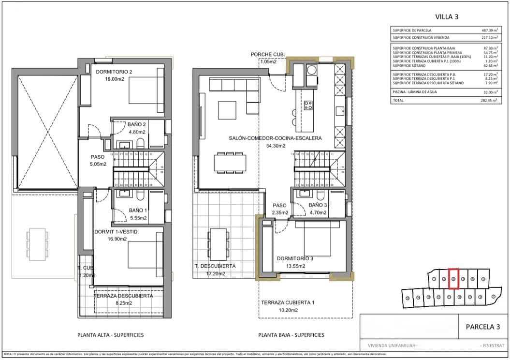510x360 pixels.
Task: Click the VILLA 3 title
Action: pyautogui.click(x=446, y=16)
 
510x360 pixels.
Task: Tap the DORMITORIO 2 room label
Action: pyautogui.click(x=114, y=72)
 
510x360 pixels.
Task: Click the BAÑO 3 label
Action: pyautogui.click(x=318, y=205)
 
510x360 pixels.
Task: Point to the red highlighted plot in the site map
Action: pyautogui.click(x=453, y=279)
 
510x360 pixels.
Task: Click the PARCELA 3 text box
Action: pyautogui.click(x=482, y=327)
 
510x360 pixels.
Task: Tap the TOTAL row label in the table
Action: pyautogui.click(x=399, y=101)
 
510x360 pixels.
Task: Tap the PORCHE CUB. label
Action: pyautogui.click(x=268, y=54)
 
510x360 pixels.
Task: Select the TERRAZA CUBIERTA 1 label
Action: pyautogui.click(x=288, y=302)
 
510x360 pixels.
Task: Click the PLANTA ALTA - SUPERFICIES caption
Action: pyautogui.click(x=111, y=335)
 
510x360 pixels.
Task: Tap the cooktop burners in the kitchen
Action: pyautogui.click(x=308, y=105)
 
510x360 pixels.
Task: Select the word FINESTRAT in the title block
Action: pyautogui.click(x=493, y=345)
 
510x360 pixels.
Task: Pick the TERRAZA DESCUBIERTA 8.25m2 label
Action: pyautogui.click(x=123, y=296)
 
